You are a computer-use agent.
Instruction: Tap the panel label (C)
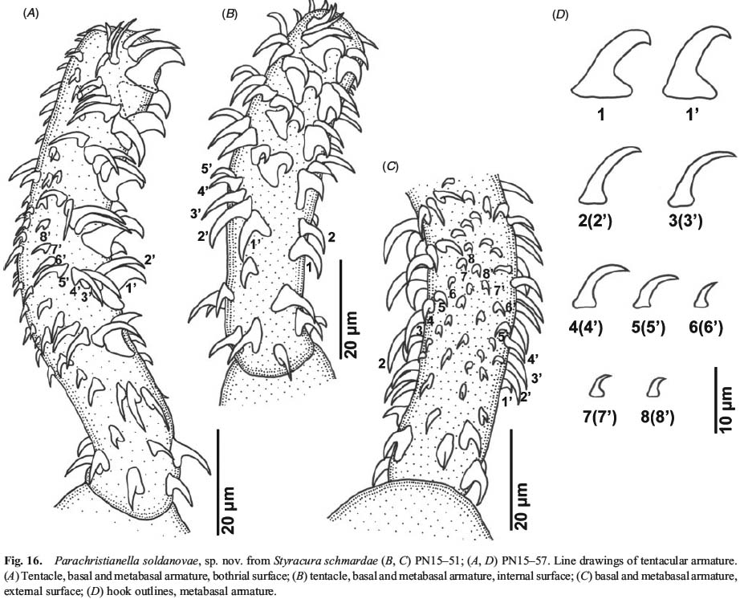tap(390, 166)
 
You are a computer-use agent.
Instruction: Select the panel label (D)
tap(560, 14)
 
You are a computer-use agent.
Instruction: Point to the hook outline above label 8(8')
tap(654, 388)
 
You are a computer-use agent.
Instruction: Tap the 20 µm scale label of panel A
tap(229, 510)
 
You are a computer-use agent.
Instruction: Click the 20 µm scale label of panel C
tap(522, 506)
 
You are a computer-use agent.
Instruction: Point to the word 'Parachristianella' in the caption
tap(84, 560)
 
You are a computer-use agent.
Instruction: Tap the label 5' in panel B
tap(207, 169)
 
